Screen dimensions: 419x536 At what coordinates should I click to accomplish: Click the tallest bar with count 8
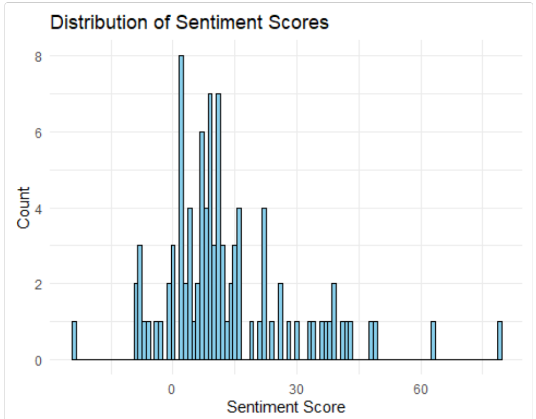181,207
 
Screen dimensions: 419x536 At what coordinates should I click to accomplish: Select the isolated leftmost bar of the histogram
74,341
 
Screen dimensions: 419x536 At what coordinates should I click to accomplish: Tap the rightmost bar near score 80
500,341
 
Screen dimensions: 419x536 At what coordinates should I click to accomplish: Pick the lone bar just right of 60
433,341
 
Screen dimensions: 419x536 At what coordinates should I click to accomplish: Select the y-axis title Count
23,208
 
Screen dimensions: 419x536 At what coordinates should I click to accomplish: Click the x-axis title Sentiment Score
286,407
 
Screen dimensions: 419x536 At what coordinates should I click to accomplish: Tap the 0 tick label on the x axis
172,389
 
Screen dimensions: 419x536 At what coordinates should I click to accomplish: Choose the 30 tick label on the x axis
297,389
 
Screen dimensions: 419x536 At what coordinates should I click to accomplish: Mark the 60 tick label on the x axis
421,389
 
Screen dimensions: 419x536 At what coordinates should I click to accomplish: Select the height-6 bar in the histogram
202,246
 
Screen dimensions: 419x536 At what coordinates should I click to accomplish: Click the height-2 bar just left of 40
334,322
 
